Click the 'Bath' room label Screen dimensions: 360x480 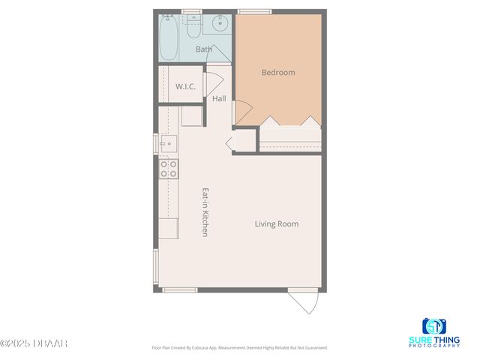pos(204,49)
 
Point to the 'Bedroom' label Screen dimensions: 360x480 pos(278,73)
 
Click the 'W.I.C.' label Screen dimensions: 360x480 pos(186,87)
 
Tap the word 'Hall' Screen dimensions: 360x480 pos(219,98)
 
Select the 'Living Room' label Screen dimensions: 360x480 pos(277,223)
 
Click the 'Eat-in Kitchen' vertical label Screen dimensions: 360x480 pos(204,212)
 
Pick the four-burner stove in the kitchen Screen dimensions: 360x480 pos(169,169)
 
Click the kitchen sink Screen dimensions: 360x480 pos(166,142)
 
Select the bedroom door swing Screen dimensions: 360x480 pos(242,113)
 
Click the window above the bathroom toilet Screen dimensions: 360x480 pos(193,11)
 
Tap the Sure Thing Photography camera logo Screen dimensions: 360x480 pos(434,327)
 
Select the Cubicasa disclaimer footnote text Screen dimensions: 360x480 pos(240,348)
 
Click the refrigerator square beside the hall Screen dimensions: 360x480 pos(192,116)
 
